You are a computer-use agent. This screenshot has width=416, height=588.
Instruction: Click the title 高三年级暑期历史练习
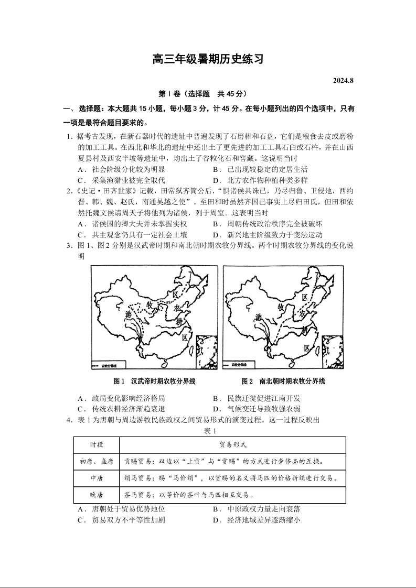pyautogui.click(x=208, y=59)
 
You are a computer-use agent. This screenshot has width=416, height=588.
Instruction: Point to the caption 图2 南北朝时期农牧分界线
pyautogui.click(x=283, y=381)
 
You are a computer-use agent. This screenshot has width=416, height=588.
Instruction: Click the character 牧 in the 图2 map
pyautogui.click(x=282, y=307)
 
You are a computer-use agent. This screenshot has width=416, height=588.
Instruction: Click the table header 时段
pyautogui.click(x=96, y=444)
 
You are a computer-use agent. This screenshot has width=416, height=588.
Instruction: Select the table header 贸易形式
pyautogui.click(x=233, y=444)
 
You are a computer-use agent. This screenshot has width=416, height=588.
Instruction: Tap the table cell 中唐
pyautogui.click(x=96, y=478)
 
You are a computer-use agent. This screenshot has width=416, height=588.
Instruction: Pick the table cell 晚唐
pyautogui.click(x=96, y=495)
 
